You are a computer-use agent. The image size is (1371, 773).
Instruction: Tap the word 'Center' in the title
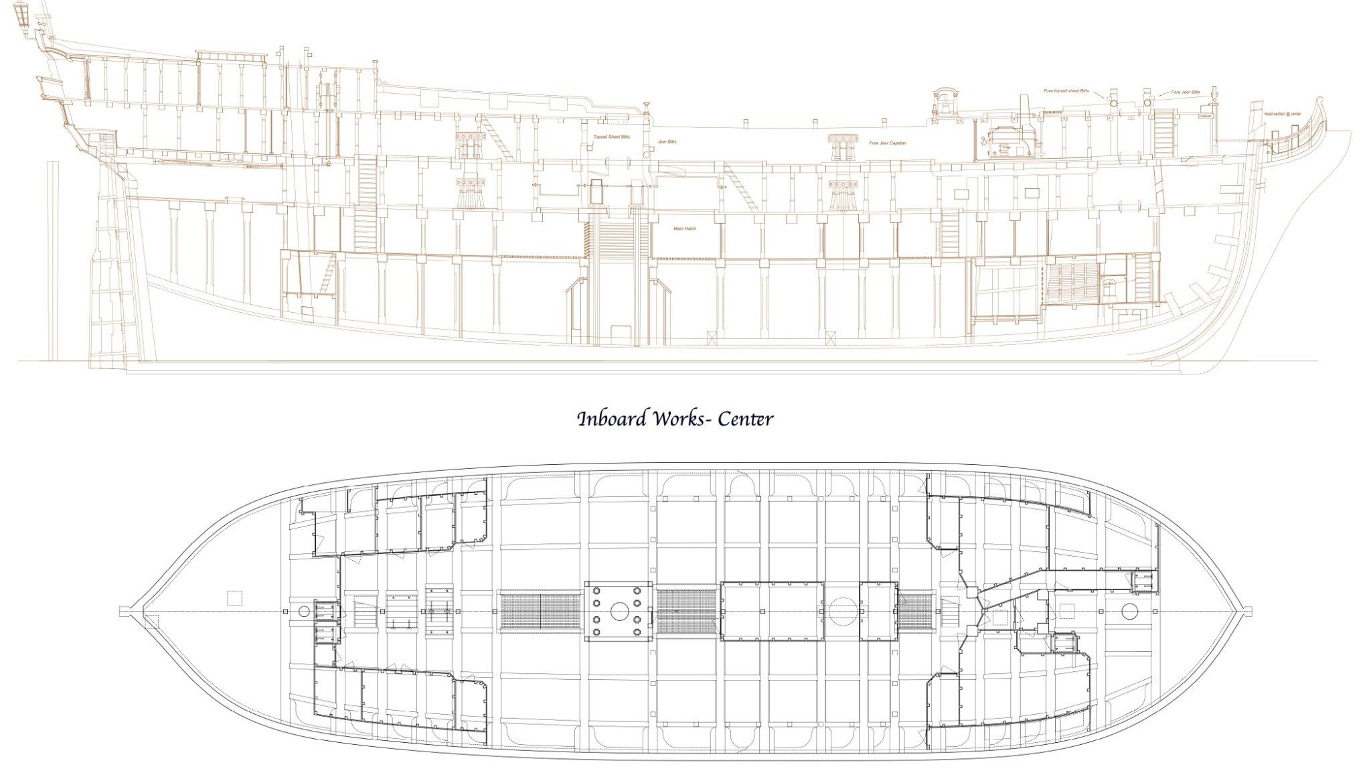point(745,419)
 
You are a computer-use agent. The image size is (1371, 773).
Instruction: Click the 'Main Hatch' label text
point(685,228)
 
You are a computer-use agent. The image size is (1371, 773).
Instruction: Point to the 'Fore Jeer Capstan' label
point(888,143)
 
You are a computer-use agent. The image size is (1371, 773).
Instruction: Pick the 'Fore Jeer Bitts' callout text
point(1186,92)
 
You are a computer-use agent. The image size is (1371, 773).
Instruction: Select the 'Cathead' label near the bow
point(1205,116)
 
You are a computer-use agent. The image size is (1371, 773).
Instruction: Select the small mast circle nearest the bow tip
point(1130,611)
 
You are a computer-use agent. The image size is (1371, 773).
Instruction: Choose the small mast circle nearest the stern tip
point(304,611)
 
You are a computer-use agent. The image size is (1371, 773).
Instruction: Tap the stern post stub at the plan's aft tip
point(123,611)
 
